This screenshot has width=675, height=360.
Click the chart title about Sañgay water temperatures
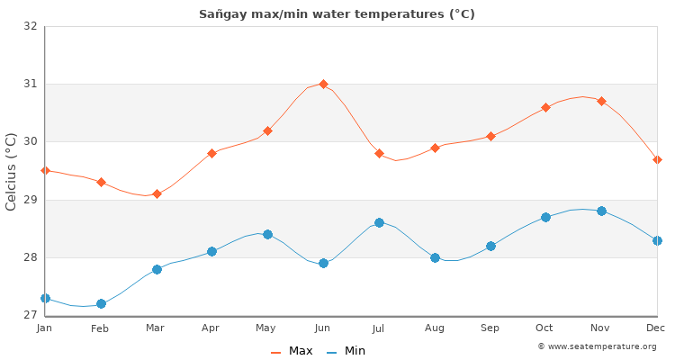click(x=337, y=13)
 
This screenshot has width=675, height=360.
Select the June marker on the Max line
click(x=323, y=84)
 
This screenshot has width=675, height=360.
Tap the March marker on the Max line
click(x=157, y=193)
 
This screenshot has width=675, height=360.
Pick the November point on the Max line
click(x=601, y=101)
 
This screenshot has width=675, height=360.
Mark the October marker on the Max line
click(x=545, y=107)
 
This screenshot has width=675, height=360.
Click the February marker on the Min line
click(x=101, y=303)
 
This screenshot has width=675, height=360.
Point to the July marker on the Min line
click(x=379, y=222)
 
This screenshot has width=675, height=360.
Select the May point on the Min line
click(x=267, y=234)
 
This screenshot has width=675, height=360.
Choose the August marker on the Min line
click(x=435, y=257)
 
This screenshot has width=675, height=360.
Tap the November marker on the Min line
click(x=601, y=211)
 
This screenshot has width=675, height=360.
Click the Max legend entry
click(x=292, y=351)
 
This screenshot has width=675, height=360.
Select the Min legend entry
click(x=346, y=351)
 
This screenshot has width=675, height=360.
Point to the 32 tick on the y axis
click(x=30, y=26)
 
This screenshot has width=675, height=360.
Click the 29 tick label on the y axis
click(x=30, y=200)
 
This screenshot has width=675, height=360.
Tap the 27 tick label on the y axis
click(x=30, y=315)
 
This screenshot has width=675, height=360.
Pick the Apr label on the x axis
click(x=211, y=328)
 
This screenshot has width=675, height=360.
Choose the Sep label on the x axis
click(x=490, y=328)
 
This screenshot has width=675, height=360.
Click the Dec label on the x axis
click(x=656, y=328)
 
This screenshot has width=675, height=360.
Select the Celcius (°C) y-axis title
click(x=12, y=171)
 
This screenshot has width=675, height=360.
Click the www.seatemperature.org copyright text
click(x=597, y=346)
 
